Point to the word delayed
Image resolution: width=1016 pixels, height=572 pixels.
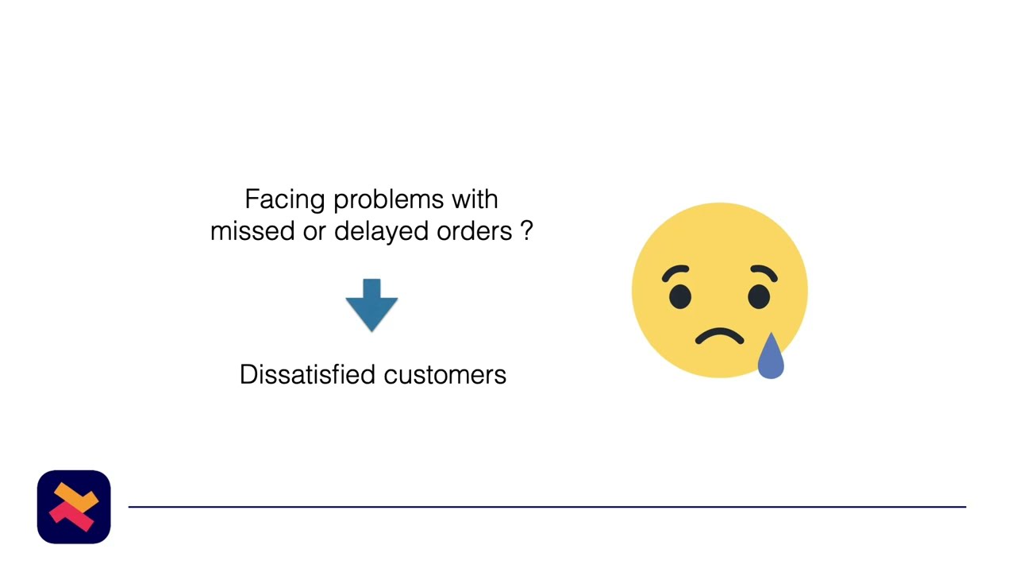point(382,231)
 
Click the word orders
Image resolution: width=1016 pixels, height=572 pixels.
point(474,231)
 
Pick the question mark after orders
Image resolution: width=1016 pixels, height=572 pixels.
point(526,231)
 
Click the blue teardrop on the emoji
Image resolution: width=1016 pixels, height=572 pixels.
point(771,359)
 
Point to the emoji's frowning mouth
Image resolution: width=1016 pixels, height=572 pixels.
point(719,337)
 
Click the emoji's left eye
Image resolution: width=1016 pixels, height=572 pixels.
point(679,296)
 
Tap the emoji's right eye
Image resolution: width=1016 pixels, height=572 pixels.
point(759,296)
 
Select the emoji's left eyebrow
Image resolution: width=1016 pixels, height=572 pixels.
point(675,272)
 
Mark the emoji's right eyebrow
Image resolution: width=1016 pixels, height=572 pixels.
point(764,272)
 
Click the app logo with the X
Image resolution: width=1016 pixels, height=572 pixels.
point(74,507)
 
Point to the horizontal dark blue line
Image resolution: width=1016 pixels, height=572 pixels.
point(547,506)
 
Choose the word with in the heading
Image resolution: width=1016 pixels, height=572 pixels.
point(475,199)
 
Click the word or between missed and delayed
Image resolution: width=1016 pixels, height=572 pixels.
point(314,231)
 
